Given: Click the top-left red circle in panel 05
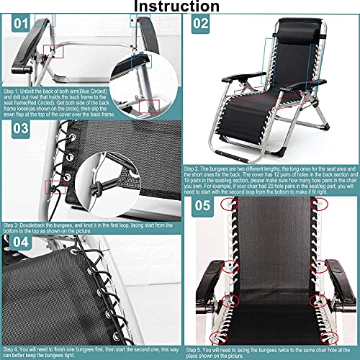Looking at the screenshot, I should pos(229,204).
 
